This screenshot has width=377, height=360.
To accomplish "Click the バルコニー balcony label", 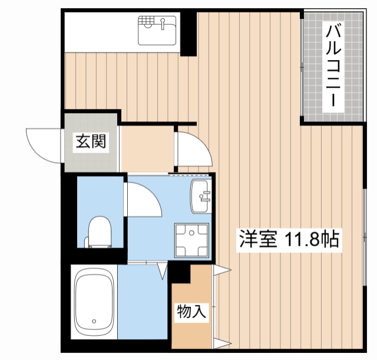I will (x=333, y=65).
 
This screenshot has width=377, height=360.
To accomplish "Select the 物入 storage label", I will (x=191, y=312).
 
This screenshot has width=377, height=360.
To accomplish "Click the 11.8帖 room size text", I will (x=312, y=240).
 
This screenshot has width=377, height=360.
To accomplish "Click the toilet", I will (x=98, y=232).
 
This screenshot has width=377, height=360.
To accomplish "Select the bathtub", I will (x=94, y=303).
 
